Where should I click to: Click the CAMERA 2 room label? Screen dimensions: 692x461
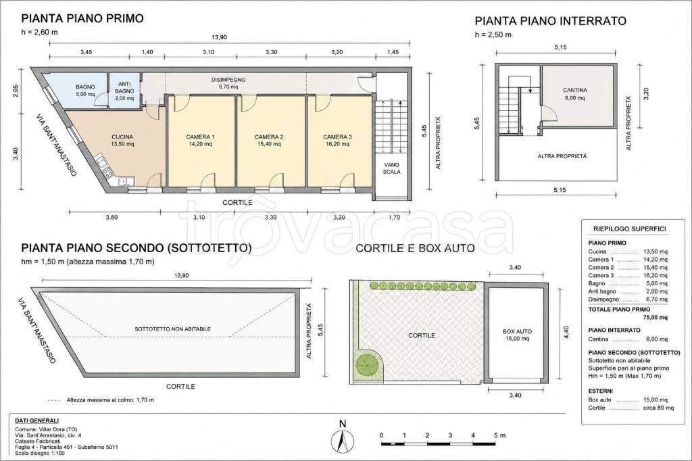[269, 137]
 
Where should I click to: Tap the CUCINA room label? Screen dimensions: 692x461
[122, 137]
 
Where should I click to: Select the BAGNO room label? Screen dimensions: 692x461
[85, 87]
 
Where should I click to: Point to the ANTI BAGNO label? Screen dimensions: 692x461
[124, 87]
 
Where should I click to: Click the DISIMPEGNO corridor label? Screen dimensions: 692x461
[228, 80]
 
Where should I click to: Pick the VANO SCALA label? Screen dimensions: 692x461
[391, 168]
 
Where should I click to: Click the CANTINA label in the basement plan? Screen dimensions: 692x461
[574, 90]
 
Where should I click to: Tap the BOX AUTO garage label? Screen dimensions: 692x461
[517, 331]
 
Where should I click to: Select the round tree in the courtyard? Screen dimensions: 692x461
[368, 364]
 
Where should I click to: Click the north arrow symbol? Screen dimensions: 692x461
[343, 439]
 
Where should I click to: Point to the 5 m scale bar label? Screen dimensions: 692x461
[499, 435]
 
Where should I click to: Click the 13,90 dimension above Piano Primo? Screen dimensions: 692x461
[220, 37]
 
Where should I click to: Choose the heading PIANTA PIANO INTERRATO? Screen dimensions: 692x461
[550, 21]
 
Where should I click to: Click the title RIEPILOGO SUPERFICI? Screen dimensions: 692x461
[629, 229]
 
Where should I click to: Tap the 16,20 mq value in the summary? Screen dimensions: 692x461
[656, 276]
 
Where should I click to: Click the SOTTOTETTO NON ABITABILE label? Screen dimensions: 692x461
[172, 329]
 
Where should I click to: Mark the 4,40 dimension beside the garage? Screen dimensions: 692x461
[567, 333]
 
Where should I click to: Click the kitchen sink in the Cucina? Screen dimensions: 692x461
[127, 180]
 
